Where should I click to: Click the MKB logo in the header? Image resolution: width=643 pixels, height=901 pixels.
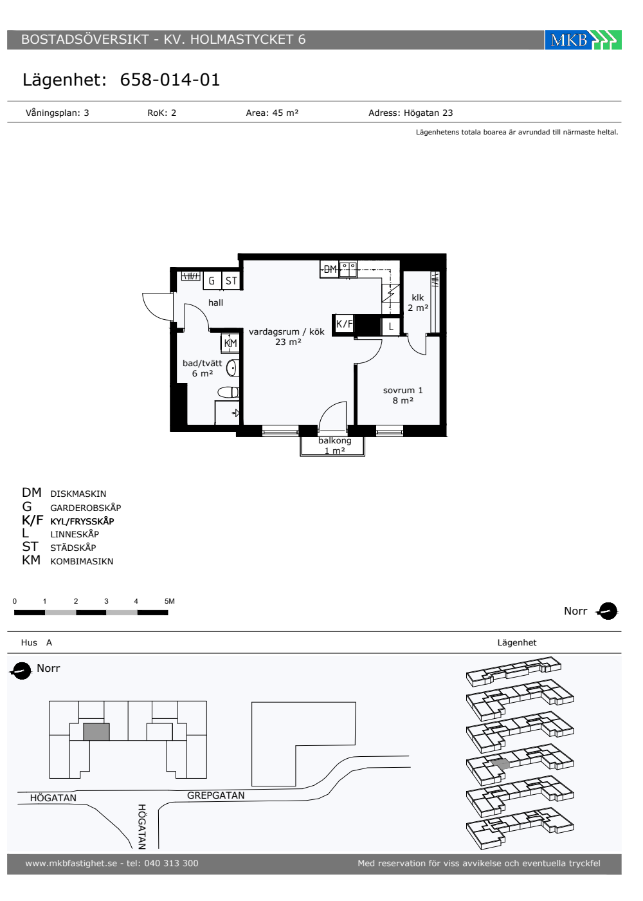[583, 40]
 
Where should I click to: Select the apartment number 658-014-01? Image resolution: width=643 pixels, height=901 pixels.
[170, 80]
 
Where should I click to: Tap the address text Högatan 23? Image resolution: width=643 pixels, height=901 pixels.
[428, 113]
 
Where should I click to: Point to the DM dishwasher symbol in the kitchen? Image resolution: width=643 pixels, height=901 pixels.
[329, 269]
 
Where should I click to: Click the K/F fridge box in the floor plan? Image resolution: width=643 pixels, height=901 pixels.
[344, 323]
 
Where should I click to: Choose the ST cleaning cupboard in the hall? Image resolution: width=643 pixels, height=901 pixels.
[231, 281]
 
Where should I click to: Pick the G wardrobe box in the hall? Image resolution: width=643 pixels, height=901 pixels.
[212, 281]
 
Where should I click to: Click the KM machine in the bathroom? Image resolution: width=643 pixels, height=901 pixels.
[230, 343]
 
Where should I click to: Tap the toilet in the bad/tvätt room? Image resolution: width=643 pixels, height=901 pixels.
[228, 392]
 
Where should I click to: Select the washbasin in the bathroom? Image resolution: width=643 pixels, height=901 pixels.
[232, 368]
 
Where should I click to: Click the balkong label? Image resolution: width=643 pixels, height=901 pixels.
[335, 441]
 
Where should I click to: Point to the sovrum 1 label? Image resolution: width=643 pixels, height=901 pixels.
[403, 390]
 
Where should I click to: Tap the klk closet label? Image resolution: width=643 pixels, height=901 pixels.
[417, 297]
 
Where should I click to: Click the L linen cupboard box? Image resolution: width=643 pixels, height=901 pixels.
[391, 326]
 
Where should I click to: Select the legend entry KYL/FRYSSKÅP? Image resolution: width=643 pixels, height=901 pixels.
[82, 521]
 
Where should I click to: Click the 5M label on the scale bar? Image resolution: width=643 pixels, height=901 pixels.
[170, 601]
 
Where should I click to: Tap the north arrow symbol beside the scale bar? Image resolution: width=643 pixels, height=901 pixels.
[608, 611]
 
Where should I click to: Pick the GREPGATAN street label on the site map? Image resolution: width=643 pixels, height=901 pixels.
[216, 795]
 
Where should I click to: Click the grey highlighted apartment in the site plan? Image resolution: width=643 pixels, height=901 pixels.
[96, 732]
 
